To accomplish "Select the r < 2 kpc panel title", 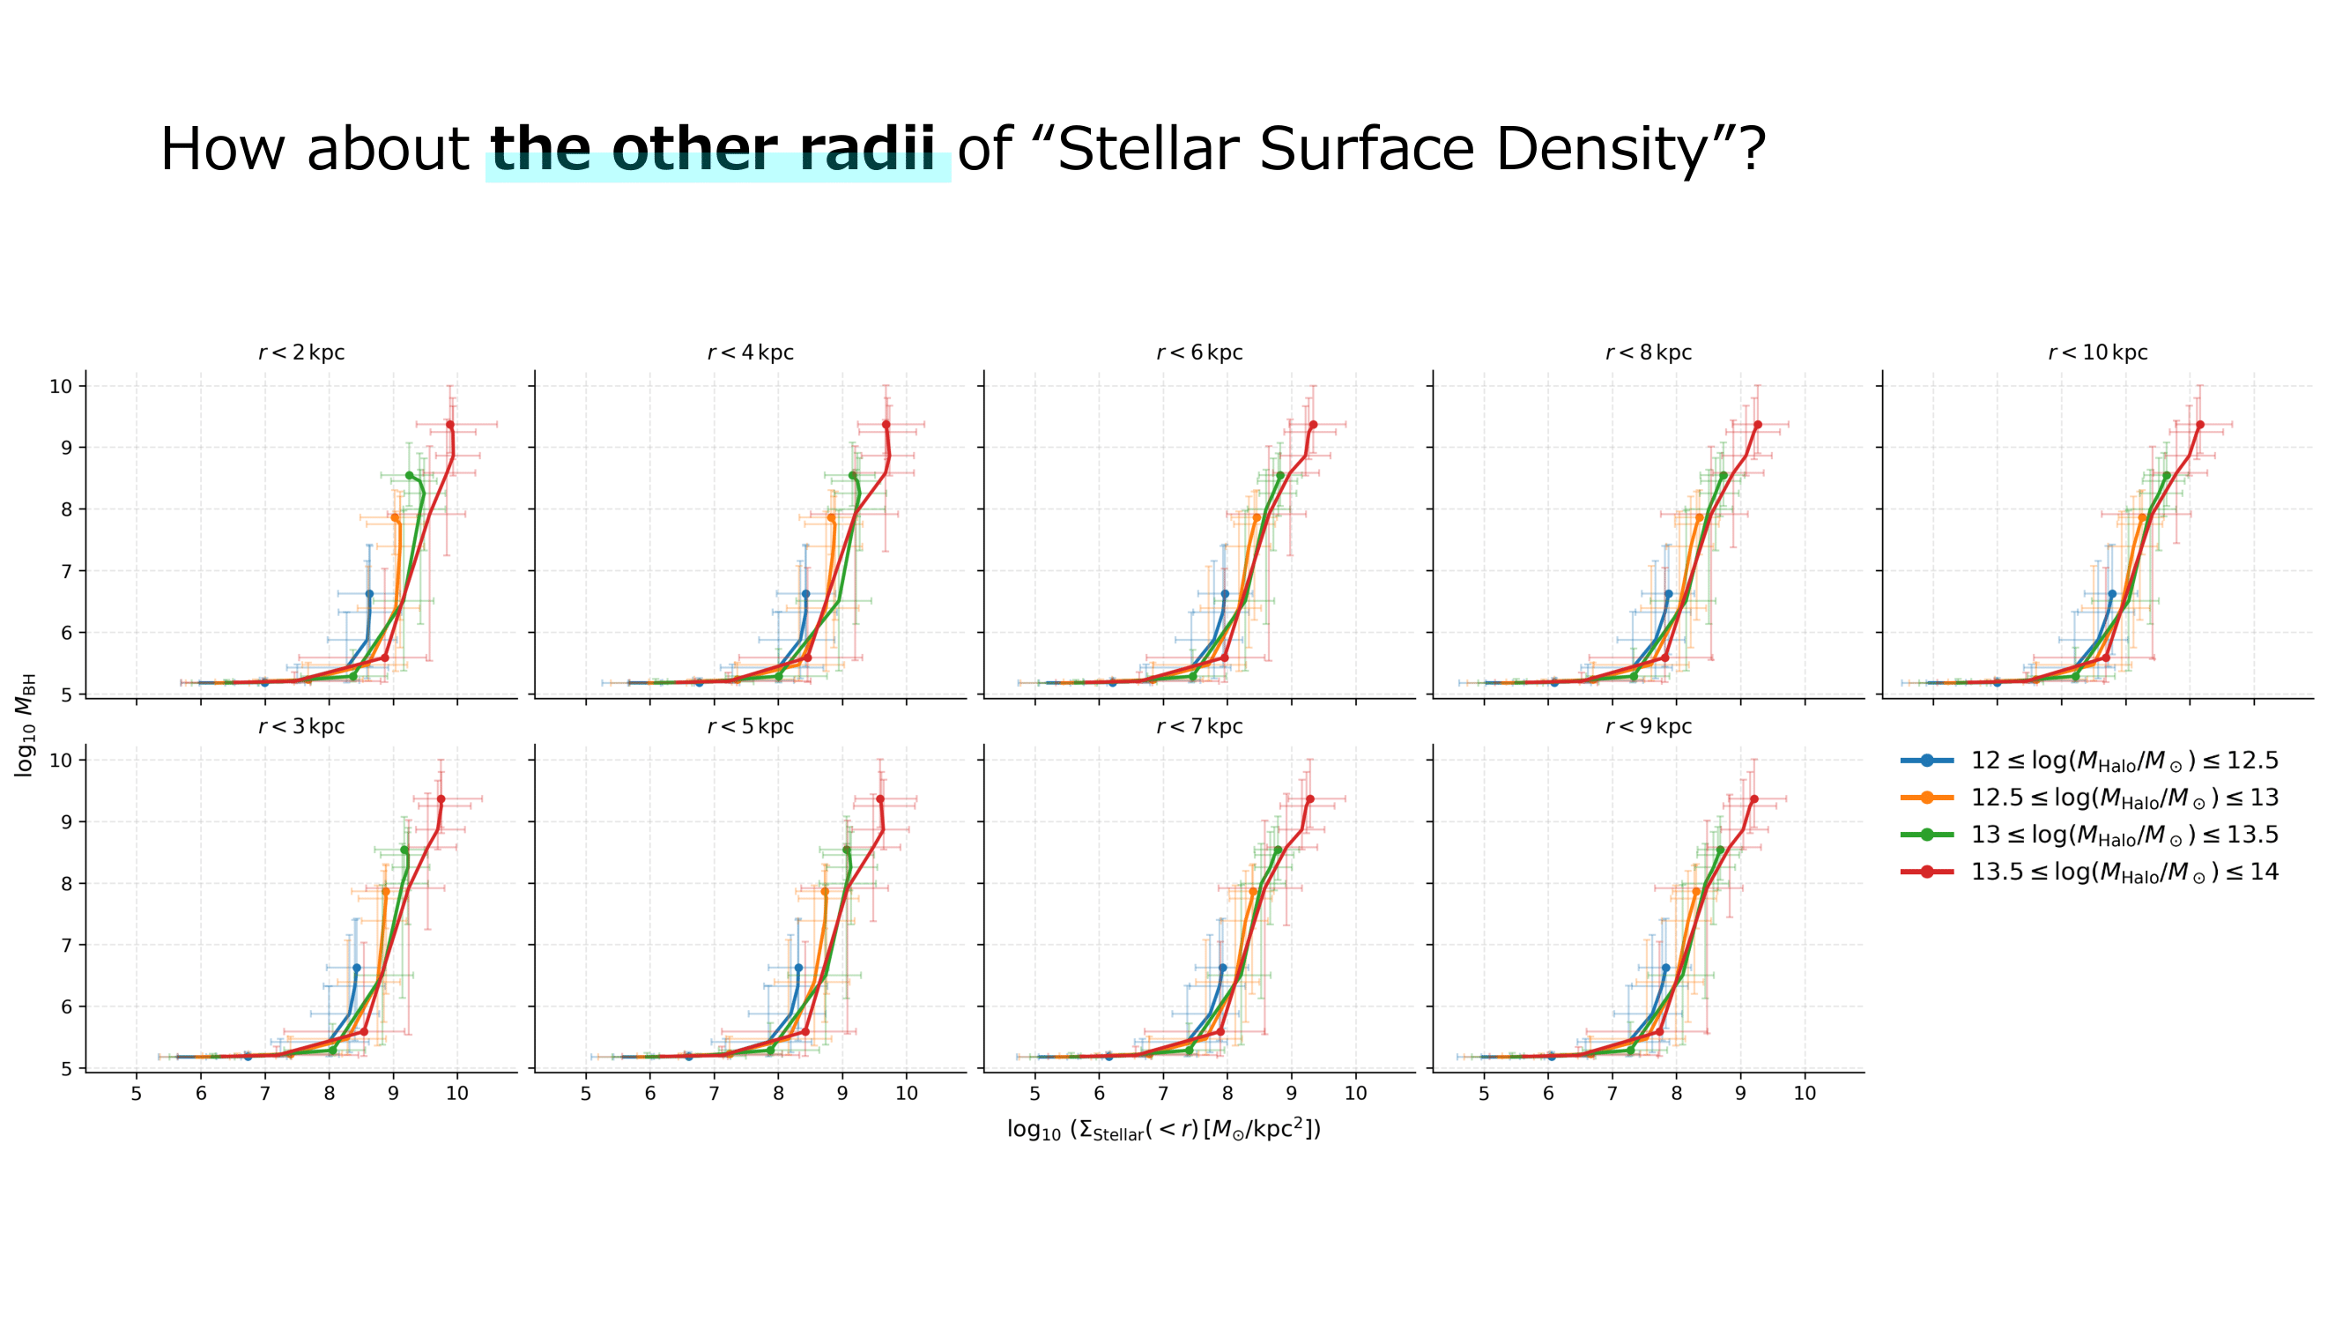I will [x=301, y=353].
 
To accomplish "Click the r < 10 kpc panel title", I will [x=2097, y=353].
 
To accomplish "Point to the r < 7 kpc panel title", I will [x=1198, y=727].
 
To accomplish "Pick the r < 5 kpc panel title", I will [x=750, y=727].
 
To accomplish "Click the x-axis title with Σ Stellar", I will [x=1164, y=1130].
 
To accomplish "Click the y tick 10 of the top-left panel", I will [x=60, y=386].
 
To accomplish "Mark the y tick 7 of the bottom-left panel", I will [x=66, y=945].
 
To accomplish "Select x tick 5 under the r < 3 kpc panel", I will [x=137, y=1094].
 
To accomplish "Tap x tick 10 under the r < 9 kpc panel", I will [x=1805, y=1094].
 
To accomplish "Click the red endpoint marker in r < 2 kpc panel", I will [x=449, y=425].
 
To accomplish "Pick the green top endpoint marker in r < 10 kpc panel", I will [x=2167, y=475].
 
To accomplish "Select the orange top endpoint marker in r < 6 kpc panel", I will [x=1257, y=518].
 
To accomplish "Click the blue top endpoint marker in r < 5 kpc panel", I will [x=798, y=968].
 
